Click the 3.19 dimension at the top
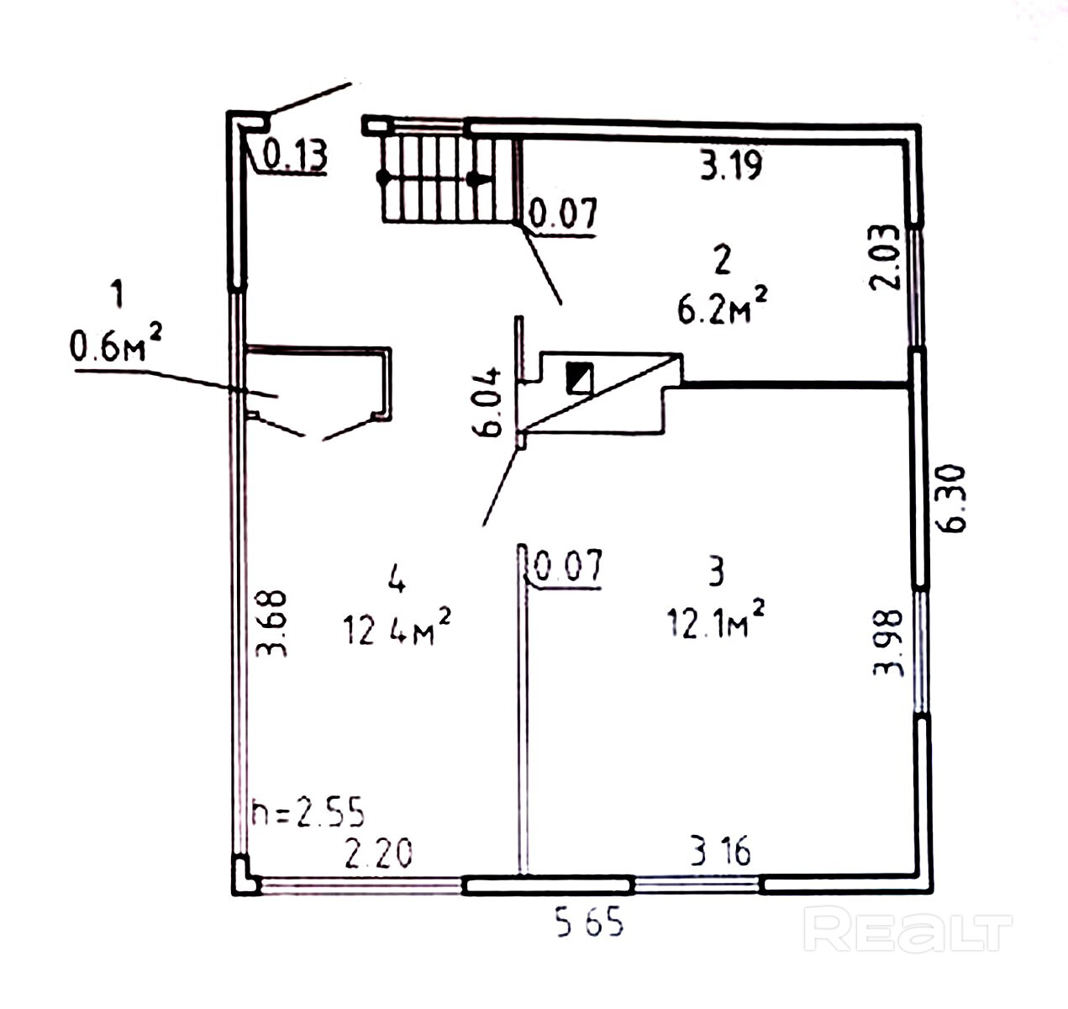pos(731,165)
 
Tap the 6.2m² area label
pos(722,306)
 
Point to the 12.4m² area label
pos(397,626)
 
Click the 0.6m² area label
pos(115,342)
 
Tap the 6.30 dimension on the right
pos(953,499)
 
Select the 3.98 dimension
pos(888,642)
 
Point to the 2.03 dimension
pos(885,257)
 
